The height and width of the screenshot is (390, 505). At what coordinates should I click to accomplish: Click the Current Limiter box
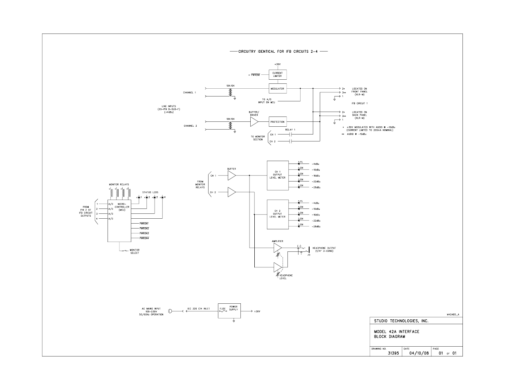click(x=277, y=74)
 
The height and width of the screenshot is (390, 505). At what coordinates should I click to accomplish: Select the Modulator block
click(x=277, y=88)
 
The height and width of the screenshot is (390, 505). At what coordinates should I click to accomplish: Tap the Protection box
click(x=277, y=122)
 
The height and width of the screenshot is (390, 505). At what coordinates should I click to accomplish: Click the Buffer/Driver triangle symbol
click(x=254, y=121)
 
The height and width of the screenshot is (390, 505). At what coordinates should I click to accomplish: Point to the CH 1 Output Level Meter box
click(x=277, y=175)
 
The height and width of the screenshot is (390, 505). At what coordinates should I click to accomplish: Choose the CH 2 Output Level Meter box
click(x=277, y=214)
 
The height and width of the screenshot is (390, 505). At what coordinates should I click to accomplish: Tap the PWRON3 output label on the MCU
click(x=144, y=233)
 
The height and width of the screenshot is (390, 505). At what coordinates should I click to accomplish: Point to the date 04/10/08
click(x=417, y=353)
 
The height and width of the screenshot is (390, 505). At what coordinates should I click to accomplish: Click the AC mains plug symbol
click(x=170, y=312)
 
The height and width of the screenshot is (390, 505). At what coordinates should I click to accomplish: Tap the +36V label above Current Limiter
click(x=277, y=64)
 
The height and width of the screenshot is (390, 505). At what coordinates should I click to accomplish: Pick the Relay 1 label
click(x=290, y=129)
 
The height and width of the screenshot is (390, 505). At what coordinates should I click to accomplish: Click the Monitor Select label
click(x=135, y=251)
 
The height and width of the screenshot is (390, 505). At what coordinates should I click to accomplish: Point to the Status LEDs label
click(x=150, y=192)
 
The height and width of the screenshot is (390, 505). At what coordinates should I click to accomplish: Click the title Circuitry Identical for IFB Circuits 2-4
click(x=278, y=52)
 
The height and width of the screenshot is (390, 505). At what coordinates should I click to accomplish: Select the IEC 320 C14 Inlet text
click(x=198, y=309)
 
